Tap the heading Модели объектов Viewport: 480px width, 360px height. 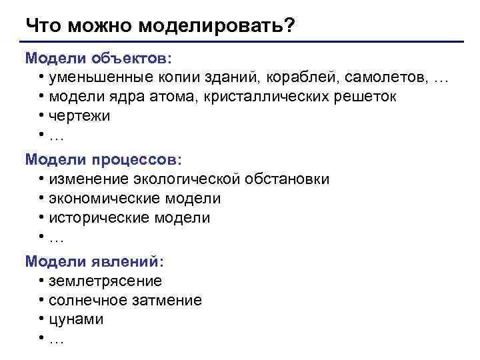(x=98, y=58)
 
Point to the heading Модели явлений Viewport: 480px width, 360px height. (x=95, y=262)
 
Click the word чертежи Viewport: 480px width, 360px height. (x=79, y=117)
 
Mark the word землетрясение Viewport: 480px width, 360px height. (x=105, y=281)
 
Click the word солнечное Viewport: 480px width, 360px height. (x=89, y=301)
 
